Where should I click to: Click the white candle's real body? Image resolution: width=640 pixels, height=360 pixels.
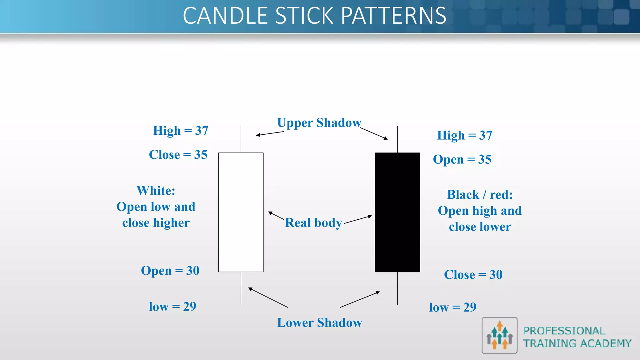[241, 212]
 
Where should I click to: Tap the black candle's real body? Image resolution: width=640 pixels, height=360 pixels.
[397, 212]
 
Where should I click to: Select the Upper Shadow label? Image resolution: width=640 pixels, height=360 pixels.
[319, 123]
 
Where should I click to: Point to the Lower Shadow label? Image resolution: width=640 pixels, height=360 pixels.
[319, 323]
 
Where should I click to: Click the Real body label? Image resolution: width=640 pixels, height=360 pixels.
[313, 223]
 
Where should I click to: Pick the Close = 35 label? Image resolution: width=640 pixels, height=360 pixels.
[178, 155]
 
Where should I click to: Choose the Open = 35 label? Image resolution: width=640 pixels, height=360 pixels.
[462, 160]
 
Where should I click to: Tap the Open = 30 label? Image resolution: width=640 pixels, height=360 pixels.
[170, 271]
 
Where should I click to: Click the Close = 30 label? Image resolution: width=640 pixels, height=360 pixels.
[473, 275]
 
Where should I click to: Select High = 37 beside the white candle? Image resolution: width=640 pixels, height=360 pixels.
[181, 131]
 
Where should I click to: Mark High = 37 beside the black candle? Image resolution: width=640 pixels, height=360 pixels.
[464, 136]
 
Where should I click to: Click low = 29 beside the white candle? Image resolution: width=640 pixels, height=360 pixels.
[172, 307]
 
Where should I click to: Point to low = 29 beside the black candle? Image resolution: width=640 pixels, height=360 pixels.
[452, 307]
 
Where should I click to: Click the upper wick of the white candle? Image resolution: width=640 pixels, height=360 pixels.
[241, 139]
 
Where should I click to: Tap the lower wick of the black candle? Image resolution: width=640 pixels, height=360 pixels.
[397, 288]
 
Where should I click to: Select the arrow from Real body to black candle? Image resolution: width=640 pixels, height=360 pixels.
[358, 219]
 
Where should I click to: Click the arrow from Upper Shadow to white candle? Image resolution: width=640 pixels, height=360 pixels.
[270, 133]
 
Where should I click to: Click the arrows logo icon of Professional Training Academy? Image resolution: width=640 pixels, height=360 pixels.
[499, 335]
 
